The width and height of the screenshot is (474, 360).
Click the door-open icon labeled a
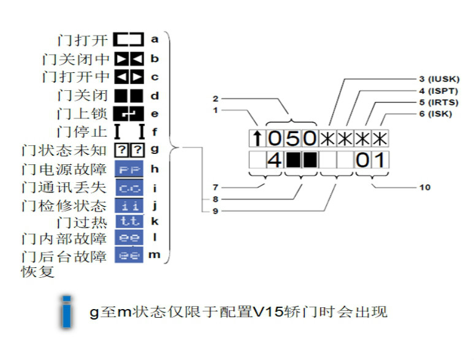(x=129, y=40)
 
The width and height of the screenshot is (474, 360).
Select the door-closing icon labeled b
(x=129, y=59)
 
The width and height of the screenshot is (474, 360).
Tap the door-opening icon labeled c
(x=129, y=77)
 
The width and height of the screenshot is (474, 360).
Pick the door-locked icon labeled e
(x=129, y=113)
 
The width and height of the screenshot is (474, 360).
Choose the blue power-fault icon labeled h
(x=129, y=168)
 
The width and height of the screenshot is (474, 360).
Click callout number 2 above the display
(x=215, y=98)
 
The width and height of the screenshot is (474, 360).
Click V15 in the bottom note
(x=266, y=312)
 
